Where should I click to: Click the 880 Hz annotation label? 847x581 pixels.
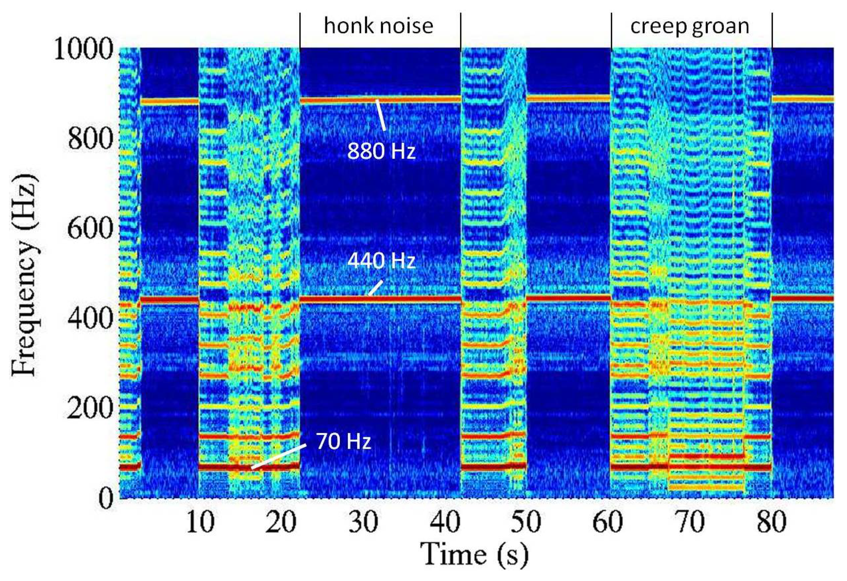coord(381,151)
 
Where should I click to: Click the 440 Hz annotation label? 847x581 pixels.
coord(381,261)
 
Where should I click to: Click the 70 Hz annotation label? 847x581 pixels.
coord(343,442)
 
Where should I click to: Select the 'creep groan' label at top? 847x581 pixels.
coord(690,26)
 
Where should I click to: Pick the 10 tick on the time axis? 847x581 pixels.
coord(200,522)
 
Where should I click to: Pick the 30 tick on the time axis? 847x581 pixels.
coord(365,522)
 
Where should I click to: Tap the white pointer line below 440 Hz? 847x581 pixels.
coord(375,288)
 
